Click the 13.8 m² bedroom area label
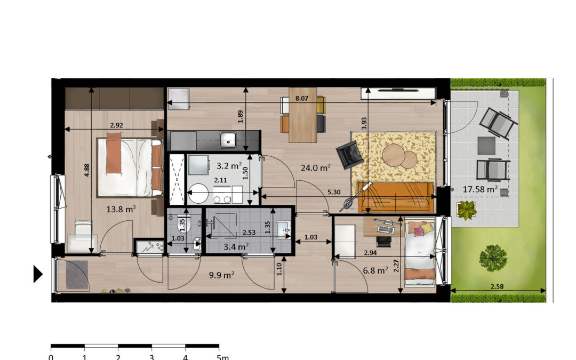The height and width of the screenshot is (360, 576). (121, 210)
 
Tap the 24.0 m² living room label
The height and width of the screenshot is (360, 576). (316, 168)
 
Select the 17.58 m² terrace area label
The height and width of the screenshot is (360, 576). (480, 189)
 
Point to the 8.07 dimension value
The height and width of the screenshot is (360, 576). (301, 98)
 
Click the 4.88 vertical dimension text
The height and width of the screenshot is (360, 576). (87, 170)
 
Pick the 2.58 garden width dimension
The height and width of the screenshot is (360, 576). (497, 286)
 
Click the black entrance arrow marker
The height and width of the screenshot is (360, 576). (38, 274)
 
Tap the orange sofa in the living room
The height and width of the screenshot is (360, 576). (395, 197)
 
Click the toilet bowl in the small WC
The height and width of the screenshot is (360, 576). (185, 226)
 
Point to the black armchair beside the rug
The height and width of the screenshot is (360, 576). (349, 155)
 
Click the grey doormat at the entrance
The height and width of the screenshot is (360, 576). (77, 275)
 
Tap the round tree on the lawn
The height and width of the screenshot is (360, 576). (493, 258)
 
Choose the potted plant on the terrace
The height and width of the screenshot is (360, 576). (467, 210)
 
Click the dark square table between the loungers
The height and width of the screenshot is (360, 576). (486, 146)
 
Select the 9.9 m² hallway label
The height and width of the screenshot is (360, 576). (221, 275)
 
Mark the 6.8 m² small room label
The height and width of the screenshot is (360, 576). (375, 271)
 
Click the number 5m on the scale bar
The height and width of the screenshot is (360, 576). (222, 357)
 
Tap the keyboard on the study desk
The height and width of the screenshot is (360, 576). (386, 229)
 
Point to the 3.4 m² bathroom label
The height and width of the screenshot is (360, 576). (236, 246)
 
